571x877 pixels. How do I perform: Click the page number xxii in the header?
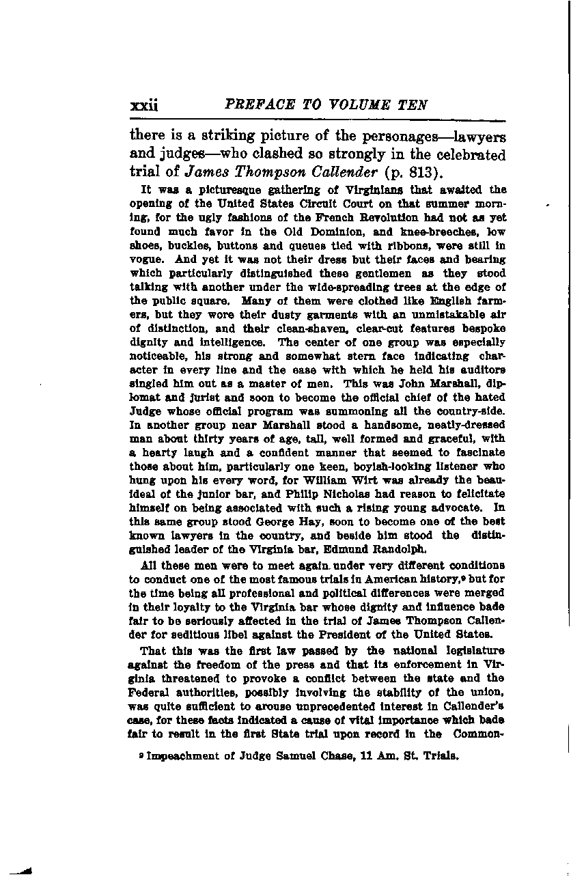pos(143,106)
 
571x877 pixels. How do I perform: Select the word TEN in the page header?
pos(413,105)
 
